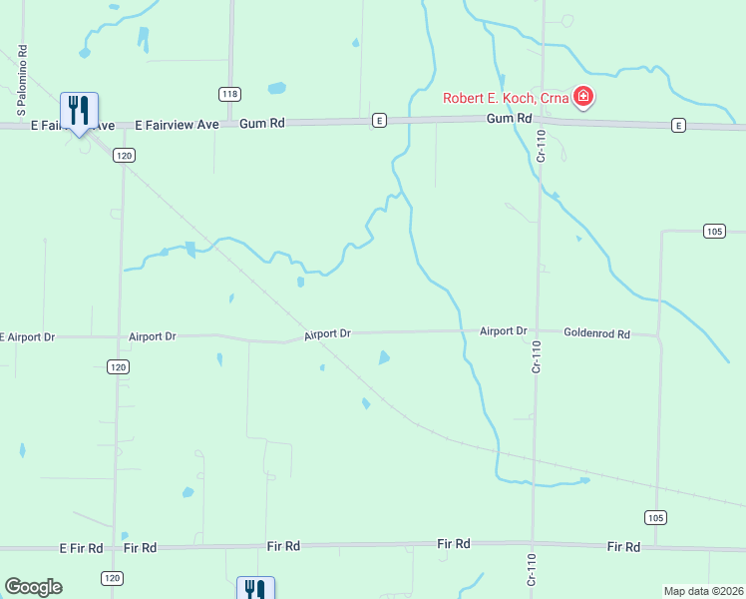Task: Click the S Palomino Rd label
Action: point(21,77)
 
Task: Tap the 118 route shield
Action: point(230,94)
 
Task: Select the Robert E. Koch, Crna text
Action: point(507,99)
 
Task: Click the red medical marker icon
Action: point(584,98)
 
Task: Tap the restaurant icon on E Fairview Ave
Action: point(79,110)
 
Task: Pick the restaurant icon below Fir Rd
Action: point(254,590)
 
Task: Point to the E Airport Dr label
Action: point(27,337)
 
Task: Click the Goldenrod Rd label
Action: point(596,333)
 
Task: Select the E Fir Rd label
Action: point(81,548)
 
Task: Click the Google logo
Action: point(33,587)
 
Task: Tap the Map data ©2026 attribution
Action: point(703,591)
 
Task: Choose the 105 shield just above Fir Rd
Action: point(654,517)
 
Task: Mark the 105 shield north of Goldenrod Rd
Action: point(713,232)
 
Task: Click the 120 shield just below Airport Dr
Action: point(119,367)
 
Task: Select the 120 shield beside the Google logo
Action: point(112,578)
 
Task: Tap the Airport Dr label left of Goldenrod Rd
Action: point(502,330)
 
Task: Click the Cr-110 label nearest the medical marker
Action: point(541,147)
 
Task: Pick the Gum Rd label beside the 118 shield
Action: point(262,123)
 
